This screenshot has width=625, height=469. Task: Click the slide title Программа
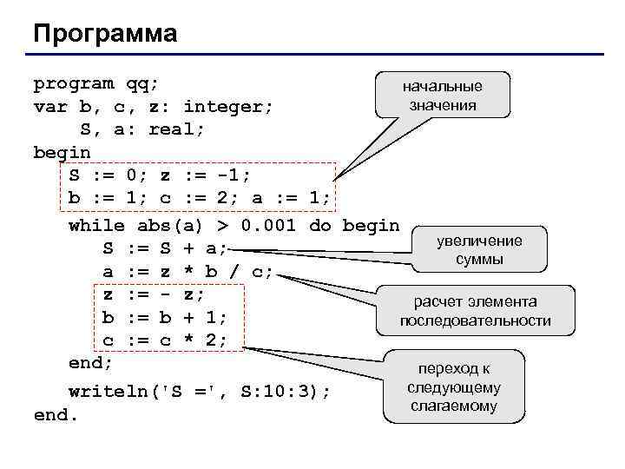point(105,34)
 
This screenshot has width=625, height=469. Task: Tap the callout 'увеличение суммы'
point(479,250)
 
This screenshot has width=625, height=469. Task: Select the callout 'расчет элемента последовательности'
point(475,311)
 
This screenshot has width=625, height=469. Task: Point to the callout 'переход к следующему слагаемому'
point(454,386)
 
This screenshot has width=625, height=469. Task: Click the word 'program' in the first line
point(73,83)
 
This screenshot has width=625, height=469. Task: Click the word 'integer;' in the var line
point(228,107)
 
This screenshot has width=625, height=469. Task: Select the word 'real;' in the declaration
point(177,129)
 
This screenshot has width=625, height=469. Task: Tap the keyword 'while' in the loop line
point(96,226)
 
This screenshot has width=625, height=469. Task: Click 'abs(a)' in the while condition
point(171,226)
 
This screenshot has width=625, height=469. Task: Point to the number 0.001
point(269,226)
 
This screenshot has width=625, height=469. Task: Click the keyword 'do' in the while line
point(320,226)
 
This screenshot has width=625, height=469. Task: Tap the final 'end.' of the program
point(56,414)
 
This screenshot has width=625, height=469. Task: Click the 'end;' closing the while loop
point(90,361)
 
